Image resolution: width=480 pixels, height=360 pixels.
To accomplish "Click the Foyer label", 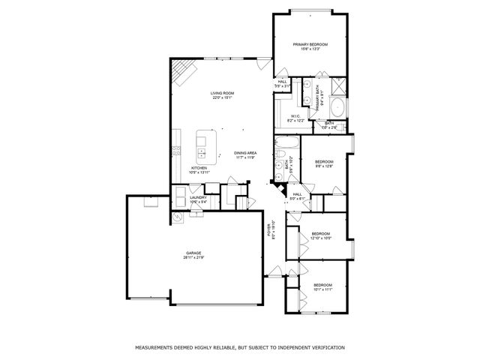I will point(274,230).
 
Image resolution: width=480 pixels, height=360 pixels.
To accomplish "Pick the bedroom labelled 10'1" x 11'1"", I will point(322,286).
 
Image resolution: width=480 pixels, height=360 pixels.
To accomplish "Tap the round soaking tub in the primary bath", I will point(337,106).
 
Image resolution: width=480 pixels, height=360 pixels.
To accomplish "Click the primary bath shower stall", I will point(338,84).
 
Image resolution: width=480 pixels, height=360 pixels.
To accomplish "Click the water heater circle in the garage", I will point(178,217).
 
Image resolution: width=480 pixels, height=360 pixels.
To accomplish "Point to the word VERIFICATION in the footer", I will point(322,348).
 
